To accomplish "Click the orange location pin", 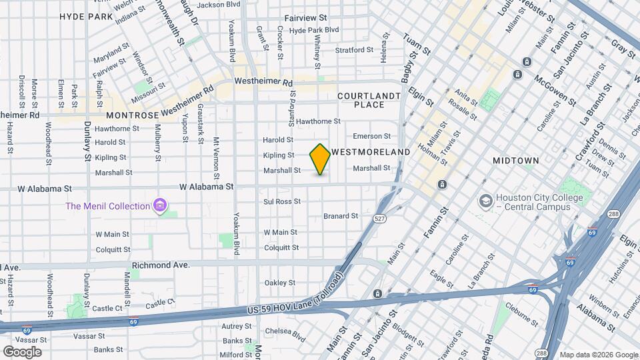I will [320, 159].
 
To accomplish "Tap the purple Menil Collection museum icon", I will [159, 206].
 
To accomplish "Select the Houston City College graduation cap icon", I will [485, 201].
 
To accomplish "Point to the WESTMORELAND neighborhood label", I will [371, 152].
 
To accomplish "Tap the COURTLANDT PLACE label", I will [369, 100].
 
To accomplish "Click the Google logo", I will [21, 352].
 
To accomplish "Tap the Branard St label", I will [341, 216].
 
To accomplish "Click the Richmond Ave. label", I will [161, 265].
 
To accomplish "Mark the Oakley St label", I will [280, 283].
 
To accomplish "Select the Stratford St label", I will [354, 50].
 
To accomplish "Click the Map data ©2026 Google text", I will [598, 355].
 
